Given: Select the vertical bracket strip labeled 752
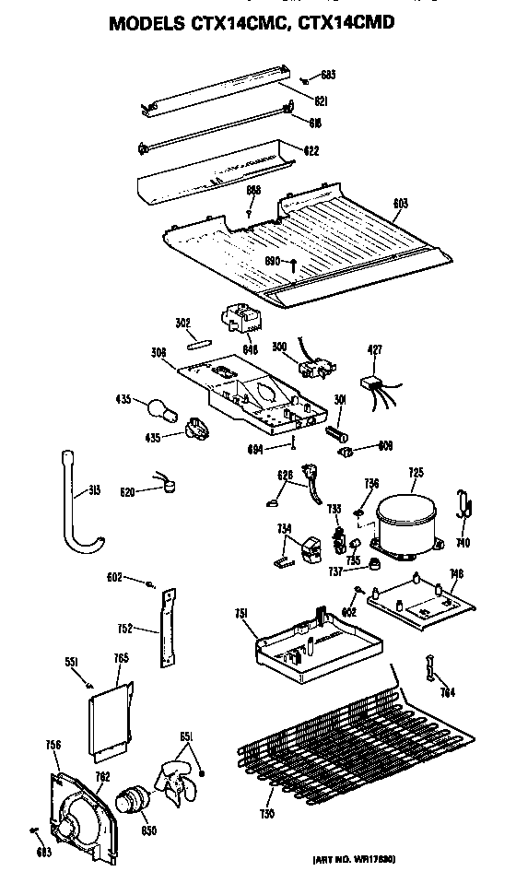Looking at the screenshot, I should pyautogui.click(x=167, y=628).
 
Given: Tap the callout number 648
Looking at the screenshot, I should pyautogui.click(x=249, y=349).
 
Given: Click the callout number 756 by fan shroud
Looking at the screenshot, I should pyautogui.click(x=53, y=745).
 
